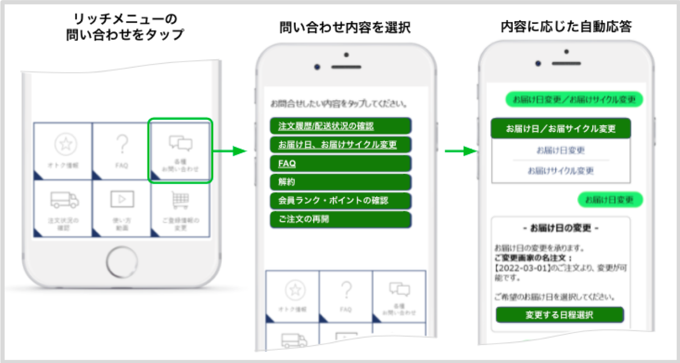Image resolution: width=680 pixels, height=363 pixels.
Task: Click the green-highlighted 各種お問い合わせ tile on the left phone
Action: click(x=180, y=151)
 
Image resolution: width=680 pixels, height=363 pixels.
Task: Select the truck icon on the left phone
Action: click(x=64, y=200)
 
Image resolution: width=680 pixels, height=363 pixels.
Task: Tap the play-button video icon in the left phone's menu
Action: click(x=122, y=199)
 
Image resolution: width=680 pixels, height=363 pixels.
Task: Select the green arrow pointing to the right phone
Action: click(x=458, y=152)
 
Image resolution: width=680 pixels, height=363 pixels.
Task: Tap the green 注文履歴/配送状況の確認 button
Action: click(x=340, y=126)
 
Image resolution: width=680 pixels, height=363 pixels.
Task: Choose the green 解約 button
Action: click(x=340, y=182)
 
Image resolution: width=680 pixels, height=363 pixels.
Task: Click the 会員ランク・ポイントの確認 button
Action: click(x=340, y=201)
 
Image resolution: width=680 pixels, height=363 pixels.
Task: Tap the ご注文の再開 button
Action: click(x=340, y=219)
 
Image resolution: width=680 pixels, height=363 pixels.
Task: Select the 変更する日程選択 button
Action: click(x=560, y=315)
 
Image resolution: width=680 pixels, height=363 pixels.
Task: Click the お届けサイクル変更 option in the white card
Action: click(x=560, y=171)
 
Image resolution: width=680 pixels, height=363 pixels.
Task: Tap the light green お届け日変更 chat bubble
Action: click(x=610, y=200)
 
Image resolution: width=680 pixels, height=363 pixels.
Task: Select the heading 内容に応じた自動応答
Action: click(x=566, y=28)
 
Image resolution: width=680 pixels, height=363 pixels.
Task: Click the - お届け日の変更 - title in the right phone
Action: click(x=560, y=228)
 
